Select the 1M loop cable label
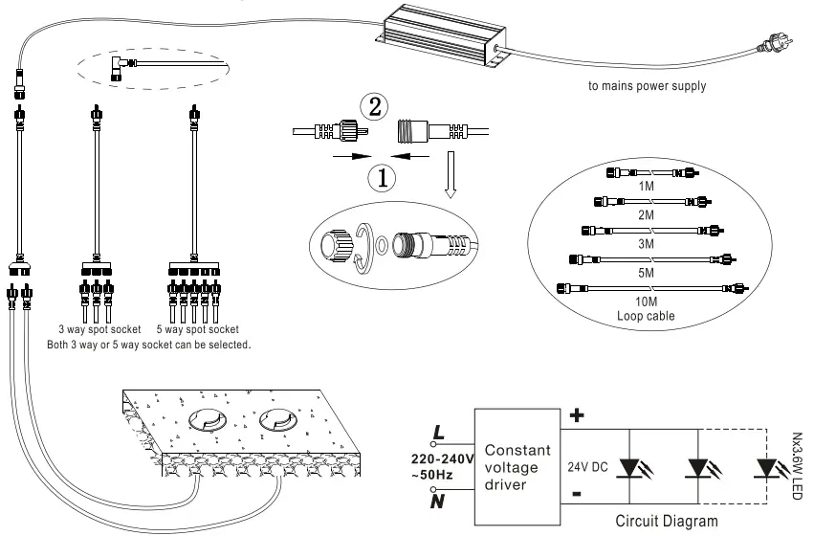[647, 186]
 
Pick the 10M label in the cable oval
[647, 300]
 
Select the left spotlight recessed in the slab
[209, 419]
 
